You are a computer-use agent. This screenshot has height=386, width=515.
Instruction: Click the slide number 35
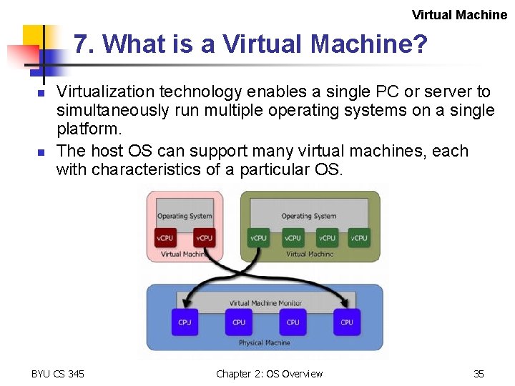[479, 374]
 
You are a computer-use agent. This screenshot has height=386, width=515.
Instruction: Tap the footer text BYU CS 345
[58, 374]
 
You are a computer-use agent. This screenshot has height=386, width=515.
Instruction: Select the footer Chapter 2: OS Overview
[269, 374]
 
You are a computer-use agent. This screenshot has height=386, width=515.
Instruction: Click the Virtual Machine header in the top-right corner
[459, 15]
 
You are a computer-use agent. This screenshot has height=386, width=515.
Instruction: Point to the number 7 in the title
[82, 45]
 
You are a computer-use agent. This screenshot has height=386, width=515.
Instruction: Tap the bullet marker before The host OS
[41, 153]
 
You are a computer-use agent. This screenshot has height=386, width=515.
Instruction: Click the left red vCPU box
[165, 238]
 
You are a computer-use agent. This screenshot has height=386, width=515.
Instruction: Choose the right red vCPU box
[204, 238]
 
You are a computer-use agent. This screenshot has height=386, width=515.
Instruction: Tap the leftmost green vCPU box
[258, 238]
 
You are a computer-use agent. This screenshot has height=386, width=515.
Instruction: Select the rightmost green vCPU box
[360, 238]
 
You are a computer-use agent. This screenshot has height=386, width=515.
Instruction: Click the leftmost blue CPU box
[185, 322]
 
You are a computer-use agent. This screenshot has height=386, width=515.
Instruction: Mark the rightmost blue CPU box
[347, 322]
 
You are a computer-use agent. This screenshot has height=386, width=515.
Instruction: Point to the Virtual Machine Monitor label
[265, 303]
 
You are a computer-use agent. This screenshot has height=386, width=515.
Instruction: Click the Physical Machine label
[265, 343]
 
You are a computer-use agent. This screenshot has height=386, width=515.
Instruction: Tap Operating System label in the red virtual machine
[185, 216]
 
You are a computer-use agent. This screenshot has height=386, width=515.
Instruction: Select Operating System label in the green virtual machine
[308, 216]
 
